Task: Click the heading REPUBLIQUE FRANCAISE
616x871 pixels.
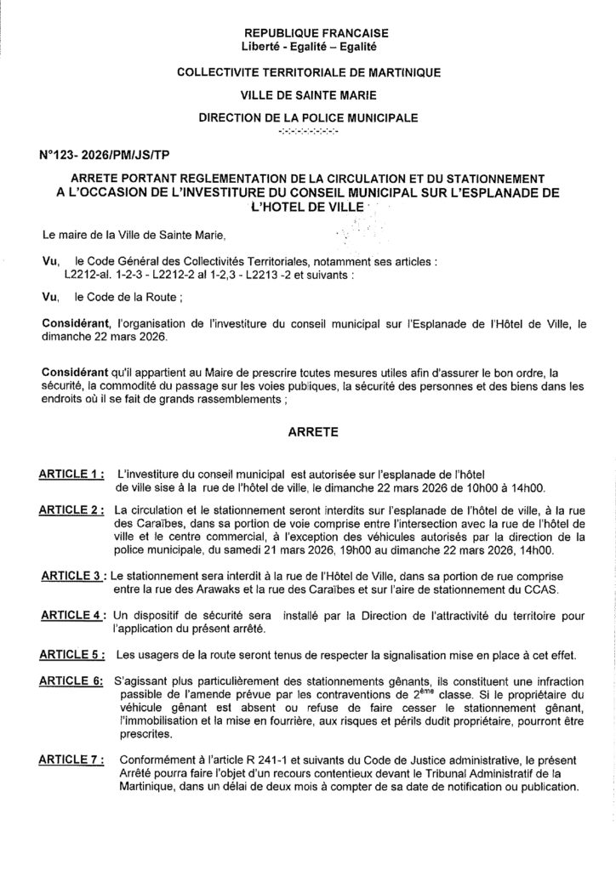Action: click(x=308, y=31)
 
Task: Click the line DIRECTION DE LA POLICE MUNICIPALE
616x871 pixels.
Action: click(x=308, y=117)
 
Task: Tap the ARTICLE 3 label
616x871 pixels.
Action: click(x=74, y=578)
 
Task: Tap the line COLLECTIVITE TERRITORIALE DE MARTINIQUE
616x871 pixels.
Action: click(x=308, y=73)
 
